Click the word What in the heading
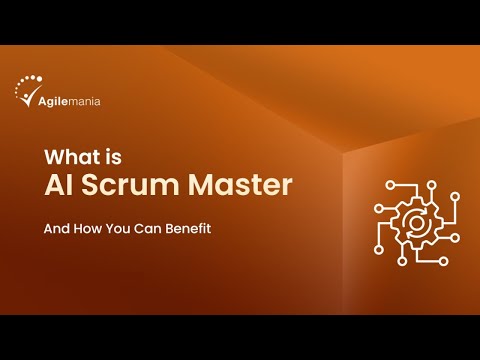click(x=71, y=157)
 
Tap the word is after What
click(x=117, y=157)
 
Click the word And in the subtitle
click(x=55, y=227)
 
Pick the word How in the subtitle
click(x=86, y=227)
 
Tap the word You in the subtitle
click(x=116, y=227)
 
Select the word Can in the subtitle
click(x=144, y=227)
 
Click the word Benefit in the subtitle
click(x=187, y=227)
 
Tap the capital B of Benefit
click(x=168, y=227)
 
